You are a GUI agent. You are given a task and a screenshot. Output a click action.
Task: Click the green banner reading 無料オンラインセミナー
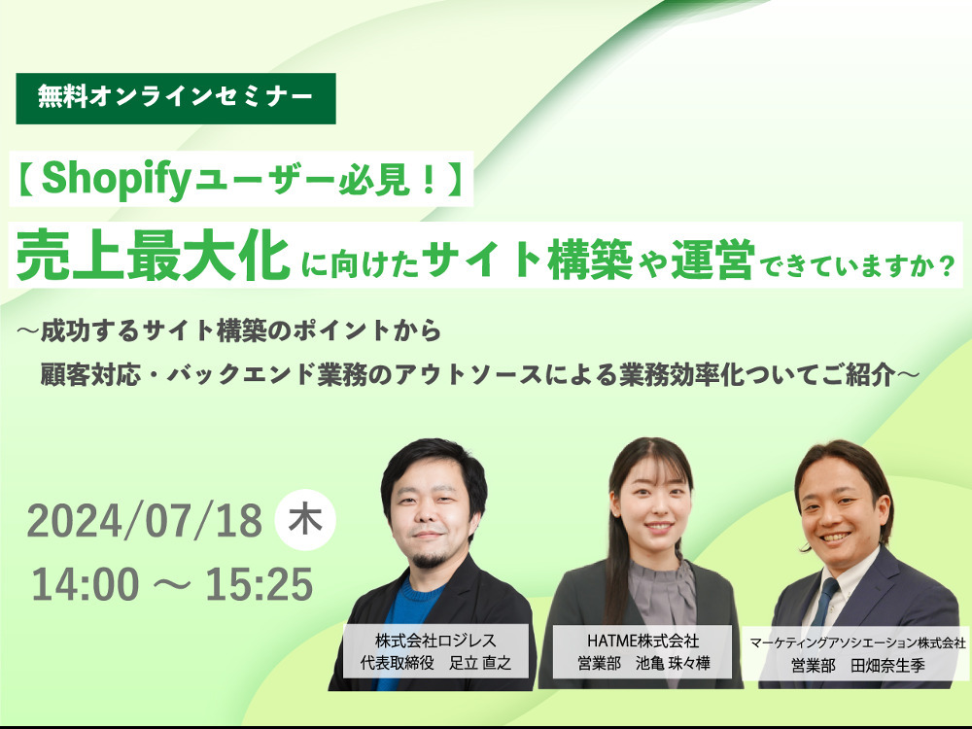point(175,98)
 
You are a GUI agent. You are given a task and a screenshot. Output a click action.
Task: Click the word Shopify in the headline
point(116,180)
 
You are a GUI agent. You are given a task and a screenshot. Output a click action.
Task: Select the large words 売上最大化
point(154,256)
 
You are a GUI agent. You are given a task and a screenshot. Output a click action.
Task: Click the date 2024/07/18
point(145,521)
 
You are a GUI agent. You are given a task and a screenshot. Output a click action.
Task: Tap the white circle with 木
point(305,519)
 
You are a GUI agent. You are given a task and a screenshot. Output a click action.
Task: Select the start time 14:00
point(86,584)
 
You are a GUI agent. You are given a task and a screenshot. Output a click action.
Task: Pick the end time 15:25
point(260,584)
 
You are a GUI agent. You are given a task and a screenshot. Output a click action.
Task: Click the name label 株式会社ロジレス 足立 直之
point(435,651)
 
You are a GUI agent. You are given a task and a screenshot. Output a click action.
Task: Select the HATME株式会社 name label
point(642,651)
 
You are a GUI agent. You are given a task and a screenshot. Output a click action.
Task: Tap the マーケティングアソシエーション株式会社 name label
point(858,653)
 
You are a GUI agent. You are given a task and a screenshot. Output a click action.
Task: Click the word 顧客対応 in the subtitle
point(89,374)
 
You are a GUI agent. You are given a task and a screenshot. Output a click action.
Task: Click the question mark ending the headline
point(946,266)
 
